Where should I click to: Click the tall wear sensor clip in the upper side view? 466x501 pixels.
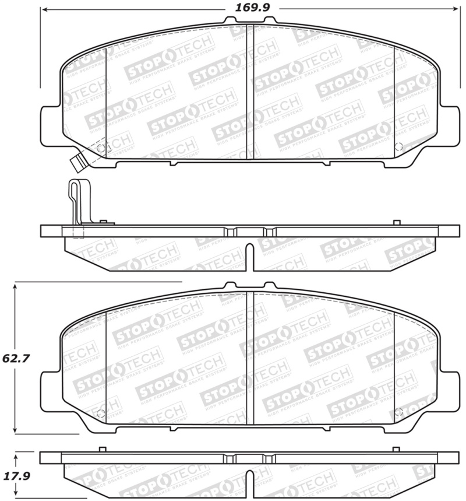(x=75, y=202)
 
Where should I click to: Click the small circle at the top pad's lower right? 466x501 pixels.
(x=398, y=147)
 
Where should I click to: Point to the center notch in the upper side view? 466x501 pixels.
(x=250, y=257)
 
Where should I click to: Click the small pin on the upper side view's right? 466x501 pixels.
(x=397, y=222)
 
